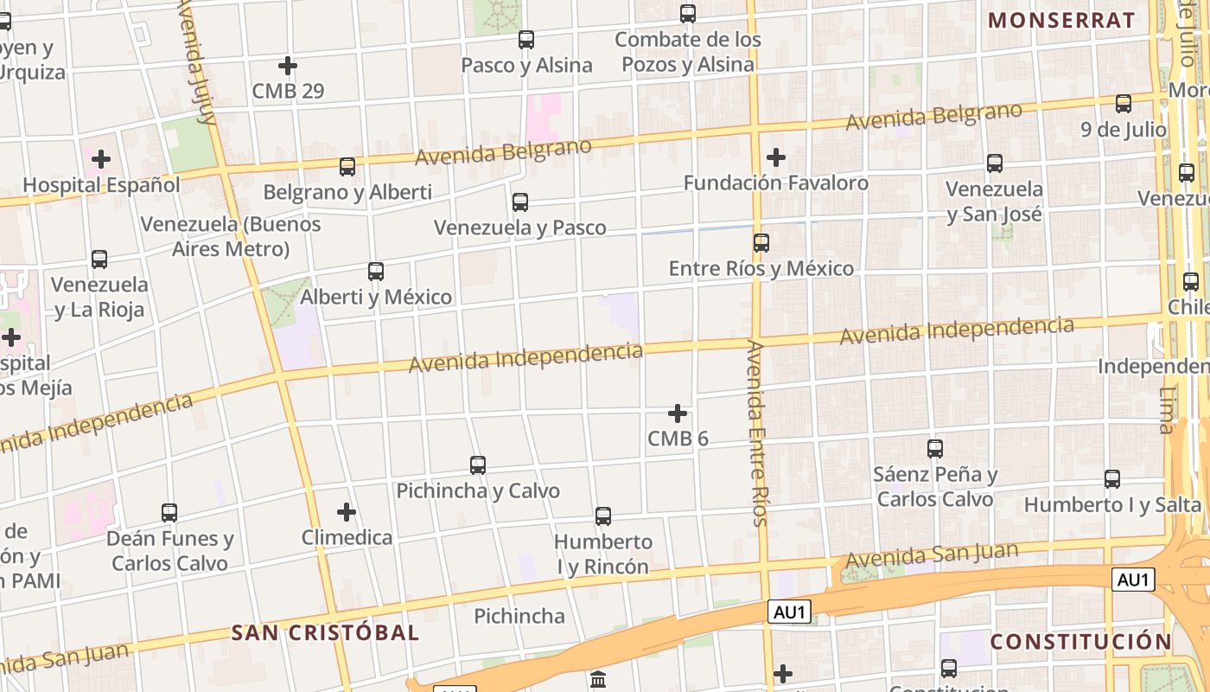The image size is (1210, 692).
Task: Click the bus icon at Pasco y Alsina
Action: click(x=525, y=40)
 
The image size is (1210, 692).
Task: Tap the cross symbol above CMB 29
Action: click(x=288, y=66)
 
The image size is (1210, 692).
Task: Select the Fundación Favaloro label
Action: click(x=775, y=183)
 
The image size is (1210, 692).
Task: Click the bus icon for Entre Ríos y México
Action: click(x=761, y=243)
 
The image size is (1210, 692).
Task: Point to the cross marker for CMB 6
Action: click(x=678, y=413)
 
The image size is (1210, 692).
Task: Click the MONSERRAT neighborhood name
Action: click(x=1061, y=21)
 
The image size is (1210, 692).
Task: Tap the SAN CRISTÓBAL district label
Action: click(x=325, y=632)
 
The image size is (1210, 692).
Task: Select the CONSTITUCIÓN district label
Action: click(x=1080, y=642)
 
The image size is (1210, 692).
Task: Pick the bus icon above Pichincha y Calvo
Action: click(x=477, y=465)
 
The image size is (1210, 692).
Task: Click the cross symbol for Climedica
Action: click(x=347, y=512)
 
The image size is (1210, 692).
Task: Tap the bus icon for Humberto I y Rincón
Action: click(x=603, y=516)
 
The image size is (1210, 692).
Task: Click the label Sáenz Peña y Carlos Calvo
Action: click(x=935, y=487)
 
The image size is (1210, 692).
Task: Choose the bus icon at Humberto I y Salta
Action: click(x=1112, y=479)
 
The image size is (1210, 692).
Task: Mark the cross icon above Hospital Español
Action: click(x=101, y=159)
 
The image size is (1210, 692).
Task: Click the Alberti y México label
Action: click(x=376, y=298)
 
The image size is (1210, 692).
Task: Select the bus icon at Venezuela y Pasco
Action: click(x=519, y=202)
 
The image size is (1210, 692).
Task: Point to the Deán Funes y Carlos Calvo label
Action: click(x=169, y=551)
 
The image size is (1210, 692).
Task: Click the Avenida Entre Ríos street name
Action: click(x=757, y=432)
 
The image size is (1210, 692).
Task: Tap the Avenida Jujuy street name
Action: click(x=196, y=61)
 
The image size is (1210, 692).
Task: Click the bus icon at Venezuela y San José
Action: click(x=995, y=163)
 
